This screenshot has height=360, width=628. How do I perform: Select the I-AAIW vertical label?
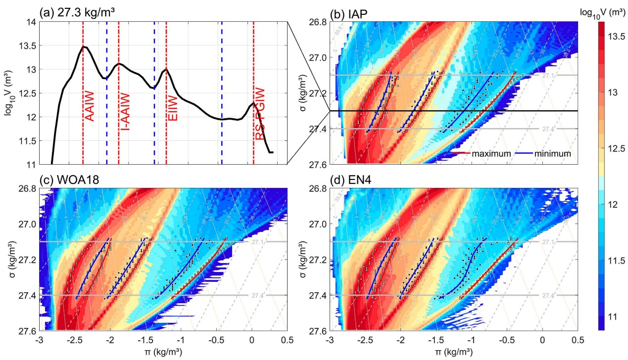pyautogui.click(x=126, y=111)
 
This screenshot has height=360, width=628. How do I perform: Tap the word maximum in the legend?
pyautogui.click(x=491, y=154)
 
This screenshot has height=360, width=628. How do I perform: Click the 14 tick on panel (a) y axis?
pyautogui.click(x=32, y=22)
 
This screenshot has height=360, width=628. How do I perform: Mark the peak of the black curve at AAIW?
pyautogui.click(x=84, y=46)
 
